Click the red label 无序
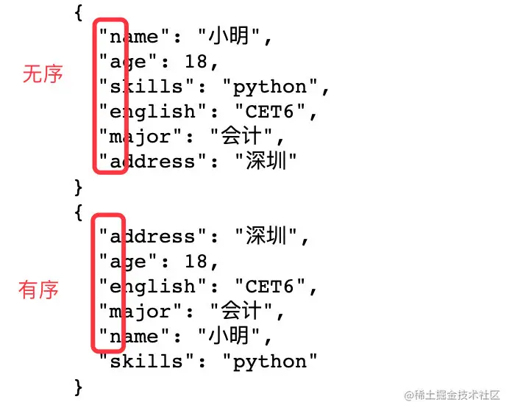(43, 73)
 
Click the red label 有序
(38, 290)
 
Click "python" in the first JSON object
(269, 87)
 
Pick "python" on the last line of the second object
(269, 362)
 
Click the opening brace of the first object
(79, 12)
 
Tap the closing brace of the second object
(79, 387)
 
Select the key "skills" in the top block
(146, 87)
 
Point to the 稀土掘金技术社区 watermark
(453, 395)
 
